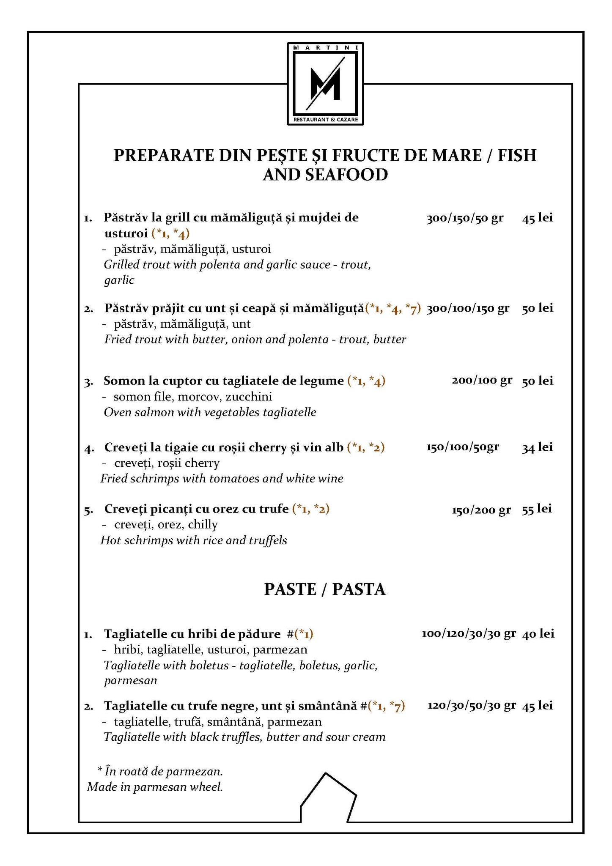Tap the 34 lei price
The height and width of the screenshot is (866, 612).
point(537,447)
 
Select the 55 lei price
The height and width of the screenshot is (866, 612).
point(537,509)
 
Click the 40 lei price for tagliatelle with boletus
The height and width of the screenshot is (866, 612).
point(538,633)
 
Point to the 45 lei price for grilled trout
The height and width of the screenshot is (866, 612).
point(538,218)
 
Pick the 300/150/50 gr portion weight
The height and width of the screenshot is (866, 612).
point(465,218)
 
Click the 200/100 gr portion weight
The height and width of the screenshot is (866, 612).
point(482,381)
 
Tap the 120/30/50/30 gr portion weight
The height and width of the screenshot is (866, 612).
point(472,705)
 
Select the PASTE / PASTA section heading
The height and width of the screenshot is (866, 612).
point(324,589)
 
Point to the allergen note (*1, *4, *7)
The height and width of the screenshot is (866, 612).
point(393,308)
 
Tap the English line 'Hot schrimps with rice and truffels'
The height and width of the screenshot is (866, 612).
point(194,540)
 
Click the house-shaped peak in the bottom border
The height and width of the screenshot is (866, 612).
point(325,775)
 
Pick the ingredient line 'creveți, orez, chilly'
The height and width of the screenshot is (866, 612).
point(165,525)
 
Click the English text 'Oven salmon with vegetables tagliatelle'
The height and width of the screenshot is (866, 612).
point(210,412)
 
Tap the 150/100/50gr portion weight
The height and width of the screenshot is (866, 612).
point(462,447)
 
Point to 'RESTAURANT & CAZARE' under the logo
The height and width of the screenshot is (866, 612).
point(325,120)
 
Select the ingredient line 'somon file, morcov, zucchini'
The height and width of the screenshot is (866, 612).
point(192,397)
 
